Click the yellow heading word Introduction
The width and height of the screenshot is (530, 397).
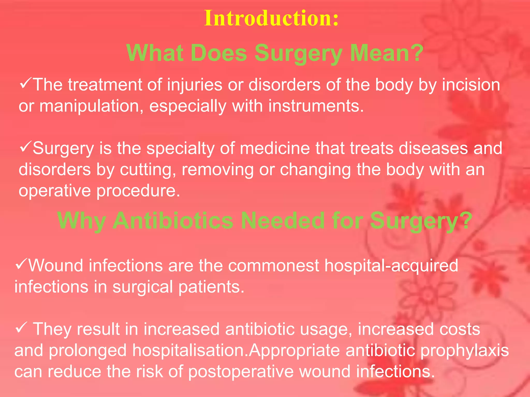tap(271, 18)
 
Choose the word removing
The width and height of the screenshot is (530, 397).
tap(217, 170)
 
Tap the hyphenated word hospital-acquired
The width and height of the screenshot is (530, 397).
tap(391, 266)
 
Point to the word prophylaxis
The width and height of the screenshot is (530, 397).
tap(464, 351)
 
